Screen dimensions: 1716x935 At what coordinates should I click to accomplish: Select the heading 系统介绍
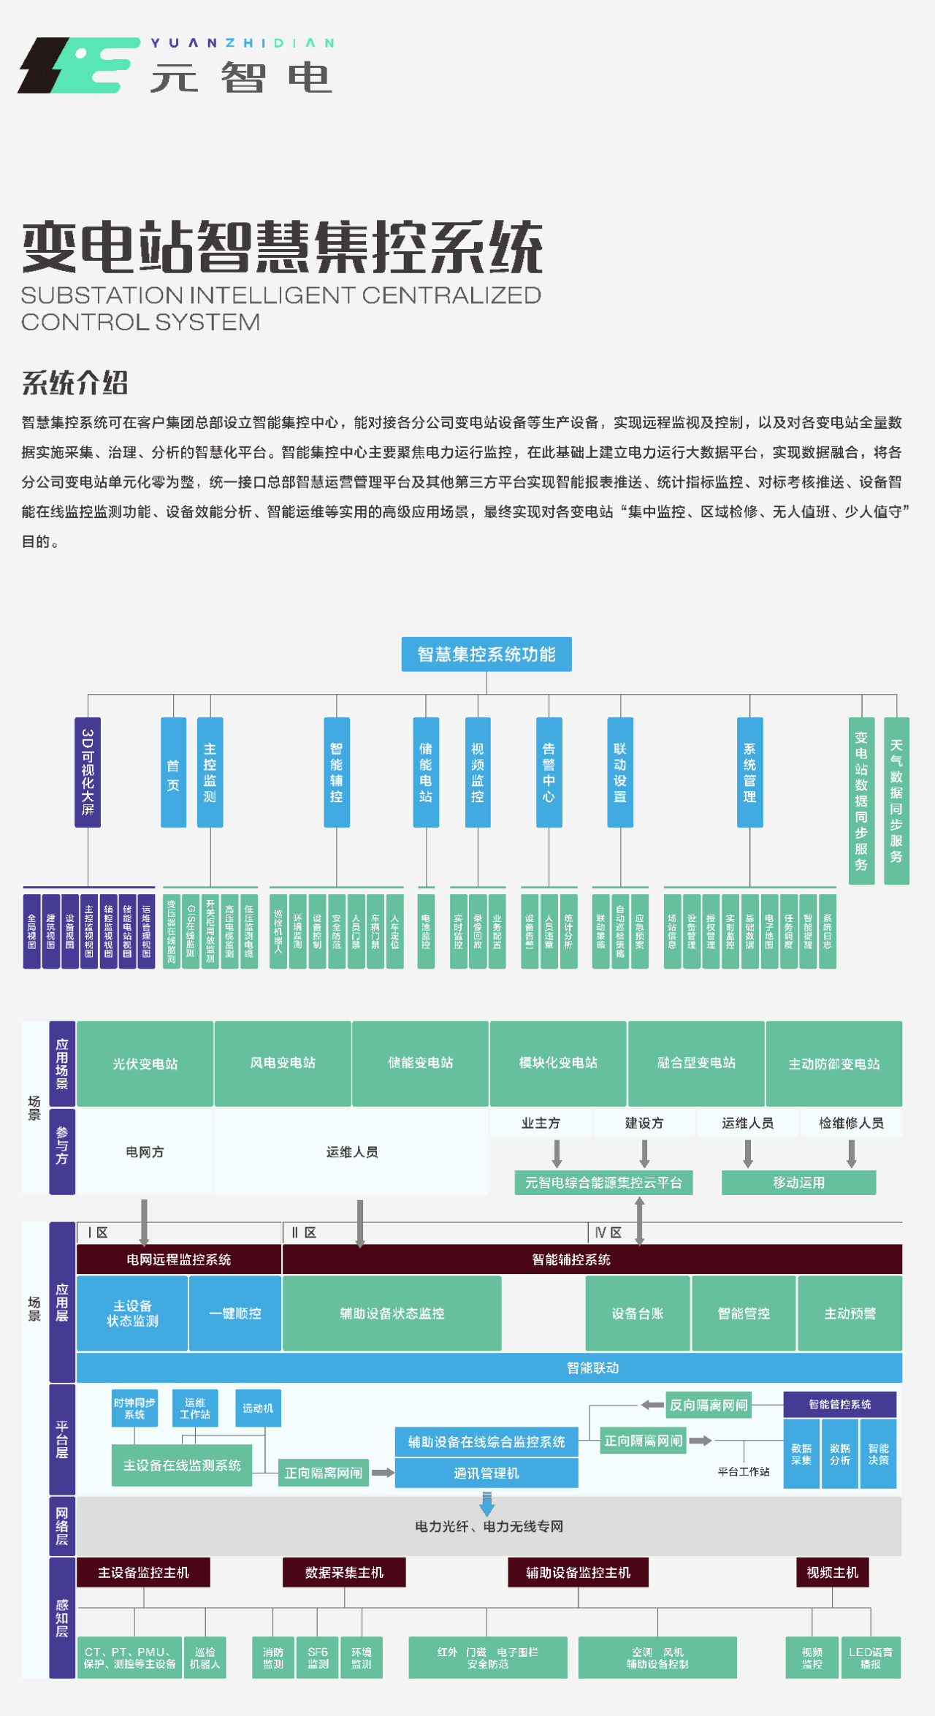click(75, 382)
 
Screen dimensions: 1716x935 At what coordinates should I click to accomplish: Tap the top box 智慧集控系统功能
click(486, 654)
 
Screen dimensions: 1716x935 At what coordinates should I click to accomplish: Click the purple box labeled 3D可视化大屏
click(88, 771)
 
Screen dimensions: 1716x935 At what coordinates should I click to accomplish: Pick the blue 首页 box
click(173, 772)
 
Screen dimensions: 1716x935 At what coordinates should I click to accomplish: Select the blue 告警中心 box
click(549, 772)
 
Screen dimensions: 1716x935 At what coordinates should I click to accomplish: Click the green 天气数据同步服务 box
click(896, 800)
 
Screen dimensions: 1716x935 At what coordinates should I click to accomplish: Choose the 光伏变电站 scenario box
click(145, 1063)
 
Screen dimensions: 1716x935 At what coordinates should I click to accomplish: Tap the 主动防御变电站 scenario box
click(833, 1063)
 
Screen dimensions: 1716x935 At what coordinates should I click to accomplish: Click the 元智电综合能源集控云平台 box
click(603, 1182)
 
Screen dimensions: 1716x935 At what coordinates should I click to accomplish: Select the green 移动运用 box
click(798, 1182)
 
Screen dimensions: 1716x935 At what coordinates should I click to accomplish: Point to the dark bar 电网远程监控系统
click(179, 1259)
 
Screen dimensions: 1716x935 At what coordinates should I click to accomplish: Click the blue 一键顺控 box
click(234, 1313)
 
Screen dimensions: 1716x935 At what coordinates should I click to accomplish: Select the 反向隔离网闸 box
click(708, 1405)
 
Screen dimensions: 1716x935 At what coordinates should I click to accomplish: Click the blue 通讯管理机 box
click(486, 1473)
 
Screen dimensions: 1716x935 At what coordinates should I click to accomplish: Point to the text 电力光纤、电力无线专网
click(489, 1526)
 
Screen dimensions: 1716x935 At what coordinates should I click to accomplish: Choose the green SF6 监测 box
click(318, 1658)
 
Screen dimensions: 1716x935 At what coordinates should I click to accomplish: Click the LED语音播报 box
click(870, 1658)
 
